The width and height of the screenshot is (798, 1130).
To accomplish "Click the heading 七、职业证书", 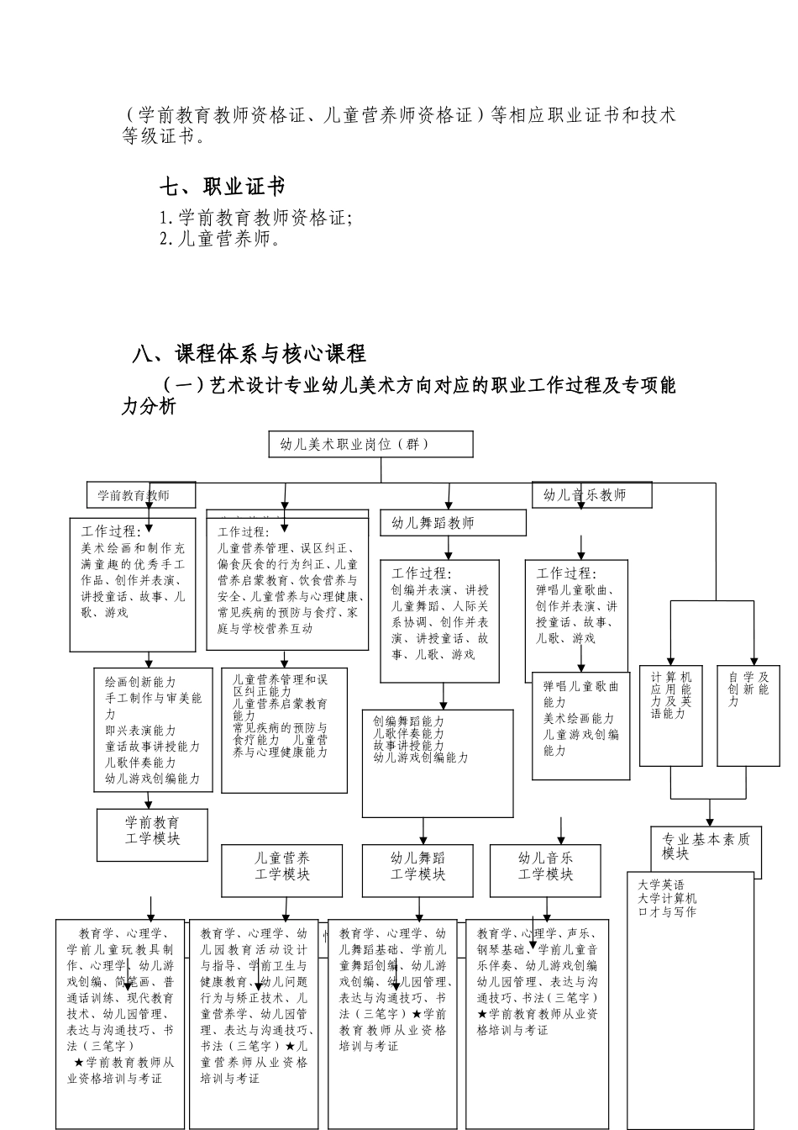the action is pyautogui.click(x=223, y=187).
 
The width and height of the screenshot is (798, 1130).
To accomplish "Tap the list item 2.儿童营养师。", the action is pyautogui.click(x=219, y=239).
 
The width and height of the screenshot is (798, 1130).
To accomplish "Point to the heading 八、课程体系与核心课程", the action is pyautogui.click(x=249, y=353).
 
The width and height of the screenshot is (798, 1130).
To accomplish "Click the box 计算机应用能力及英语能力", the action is pyautogui.click(x=671, y=695).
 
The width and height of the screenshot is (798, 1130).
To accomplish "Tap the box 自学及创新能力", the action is pyautogui.click(x=748, y=689).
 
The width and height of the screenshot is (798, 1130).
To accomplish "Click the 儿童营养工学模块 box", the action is pyautogui.click(x=282, y=867).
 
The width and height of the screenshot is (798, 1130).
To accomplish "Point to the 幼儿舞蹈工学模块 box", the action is pyautogui.click(x=418, y=867).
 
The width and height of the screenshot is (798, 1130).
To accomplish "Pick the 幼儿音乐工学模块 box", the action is pyautogui.click(x=546, y=867).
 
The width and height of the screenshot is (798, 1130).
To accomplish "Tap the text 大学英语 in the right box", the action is pyautogui.click(x=661, y=885).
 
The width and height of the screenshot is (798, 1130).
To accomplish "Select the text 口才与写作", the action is pyautogui.click(x=667, y=911).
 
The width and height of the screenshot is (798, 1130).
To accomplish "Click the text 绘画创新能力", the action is pyautogui.click(x=141, y=682).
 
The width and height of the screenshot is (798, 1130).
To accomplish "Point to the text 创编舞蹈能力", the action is pyautogui.click(x=409, y=721).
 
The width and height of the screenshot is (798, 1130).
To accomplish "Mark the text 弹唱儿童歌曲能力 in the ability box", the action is pyautogui.click(x=580, y=694).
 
